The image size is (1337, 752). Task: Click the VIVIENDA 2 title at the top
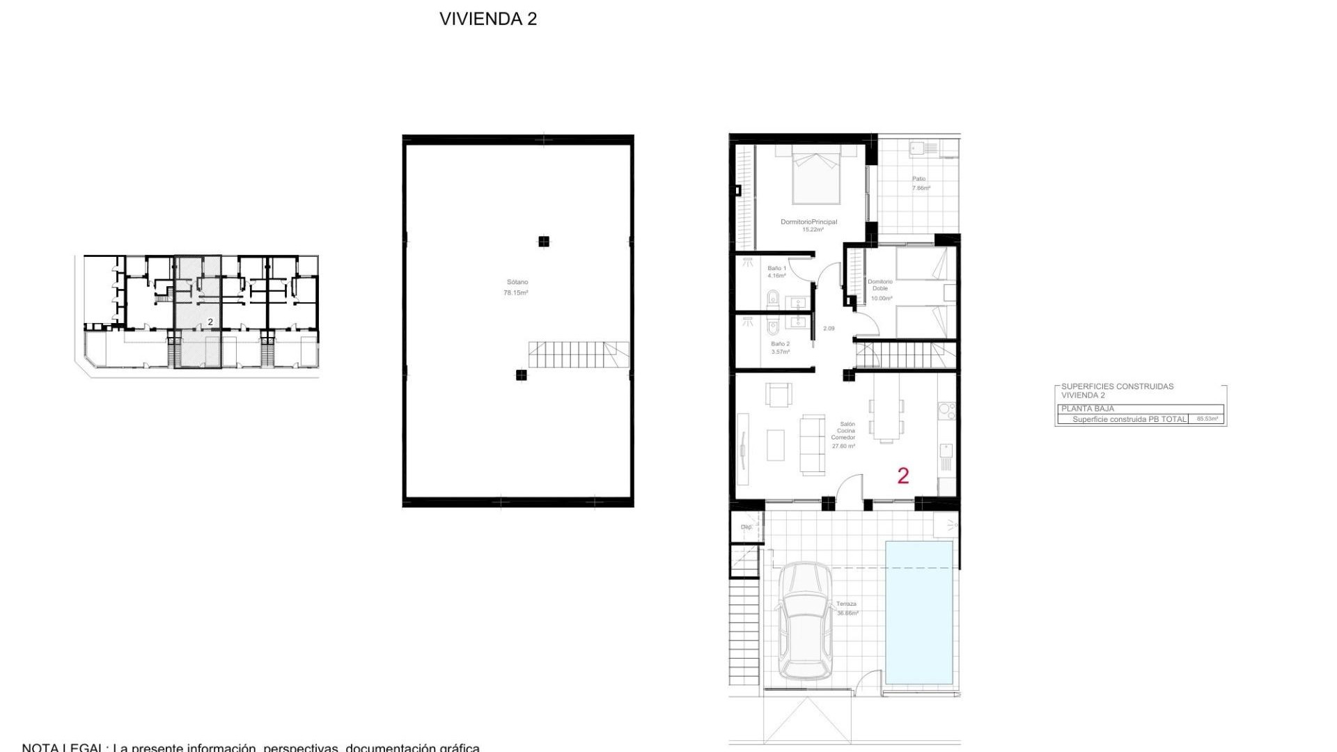(x=488, y=19)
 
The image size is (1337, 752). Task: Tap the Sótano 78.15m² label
(x=516, y=288)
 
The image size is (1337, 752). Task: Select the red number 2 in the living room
(x=903, y=476)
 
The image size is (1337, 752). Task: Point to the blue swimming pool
(x=918, y=612)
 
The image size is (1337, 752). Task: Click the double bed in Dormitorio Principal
(x=816, y=178)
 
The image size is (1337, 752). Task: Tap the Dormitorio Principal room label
(x=808, y=225)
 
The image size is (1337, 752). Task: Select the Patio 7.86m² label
(x=921, y=183)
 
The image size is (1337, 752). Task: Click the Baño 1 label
(x=776, y=272)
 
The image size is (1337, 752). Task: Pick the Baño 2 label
(x=780, y=347)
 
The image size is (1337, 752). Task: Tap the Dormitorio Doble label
(x=880, y=289)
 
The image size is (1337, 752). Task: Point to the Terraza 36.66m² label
(x=847, y=609)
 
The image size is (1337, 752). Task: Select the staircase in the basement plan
(x=578, y=354)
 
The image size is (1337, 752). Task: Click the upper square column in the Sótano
(x=544, y=242)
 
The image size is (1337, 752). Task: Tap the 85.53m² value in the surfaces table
(x=1207, y=419)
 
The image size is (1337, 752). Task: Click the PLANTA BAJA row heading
(x=1088, y=409)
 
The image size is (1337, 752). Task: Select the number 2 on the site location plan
(x=210, y=322)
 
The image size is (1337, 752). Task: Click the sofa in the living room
(x=812, y=444)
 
